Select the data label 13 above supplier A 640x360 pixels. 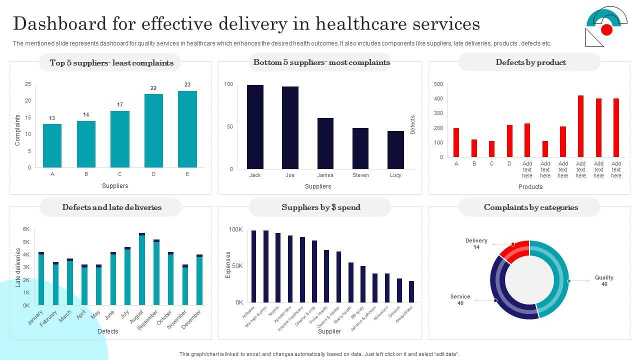[52, 118]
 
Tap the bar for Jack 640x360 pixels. [255, 127]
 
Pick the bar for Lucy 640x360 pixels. [395, 150]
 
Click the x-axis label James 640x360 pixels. [325, 175]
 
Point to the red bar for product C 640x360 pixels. [491, 149]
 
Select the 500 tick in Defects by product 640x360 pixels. [438, 84]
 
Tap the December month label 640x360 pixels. [192, 319]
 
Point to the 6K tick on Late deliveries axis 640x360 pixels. [26, 229]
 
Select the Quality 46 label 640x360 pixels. [604, 281]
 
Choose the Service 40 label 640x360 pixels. [460, 300]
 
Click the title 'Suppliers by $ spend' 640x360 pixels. [320, 207]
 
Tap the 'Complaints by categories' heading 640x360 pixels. [530, 207]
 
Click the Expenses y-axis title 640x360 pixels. [228, 265]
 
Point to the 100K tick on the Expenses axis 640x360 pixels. [235, 229]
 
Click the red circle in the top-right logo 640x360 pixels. [606, 30]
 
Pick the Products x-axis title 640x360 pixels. [530, 187]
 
